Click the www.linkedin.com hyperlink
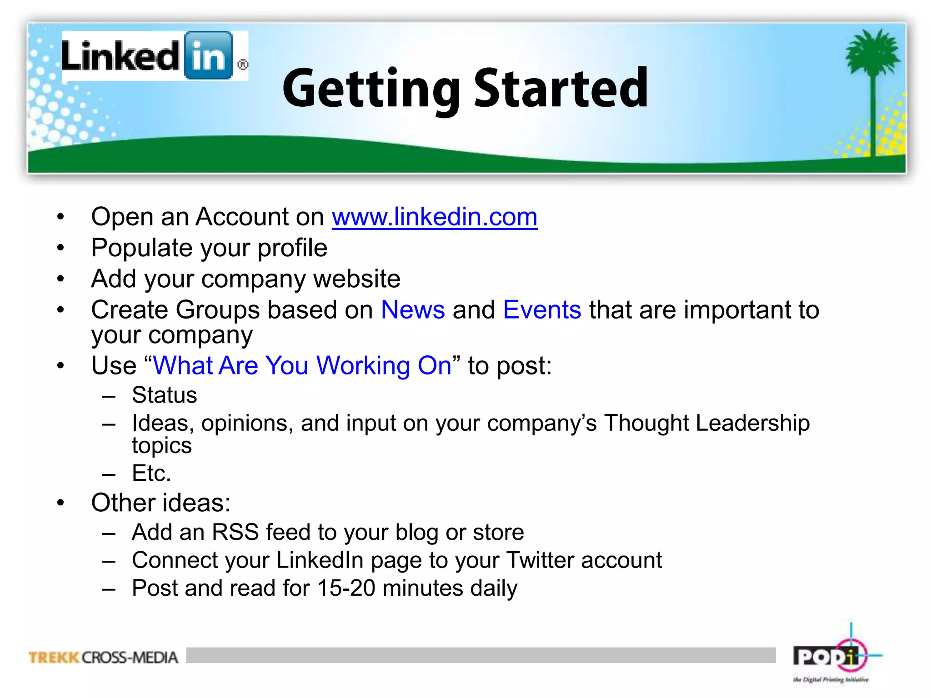coord(435,217)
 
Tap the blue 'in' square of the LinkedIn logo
coord(209,55)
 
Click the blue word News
coord(413,310)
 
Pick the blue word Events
coord(542,310)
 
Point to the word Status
coord(165,395)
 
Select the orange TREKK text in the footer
coord(54,658)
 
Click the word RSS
coord(235,532)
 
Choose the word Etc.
coord(151,474)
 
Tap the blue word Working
coord(363,366)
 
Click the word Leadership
coord(752,423)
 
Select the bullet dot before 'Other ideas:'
coord(61,503)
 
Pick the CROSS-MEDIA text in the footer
coord(130,658)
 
